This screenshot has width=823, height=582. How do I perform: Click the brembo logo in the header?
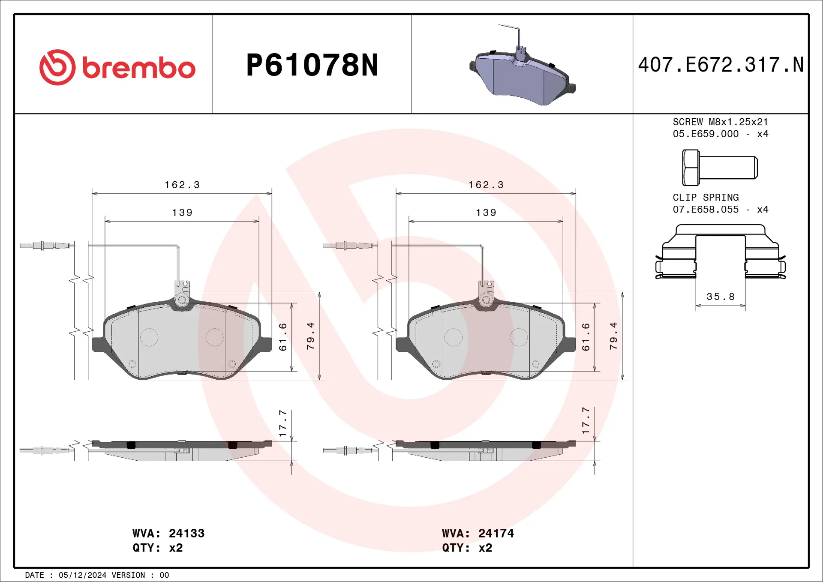[117, 67]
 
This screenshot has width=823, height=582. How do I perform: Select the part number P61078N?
[312, 65]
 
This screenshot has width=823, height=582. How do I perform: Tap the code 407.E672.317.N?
[721, 65]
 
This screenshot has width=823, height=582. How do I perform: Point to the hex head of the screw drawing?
[690, 168]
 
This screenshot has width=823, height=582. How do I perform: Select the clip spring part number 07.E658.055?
[706, 210]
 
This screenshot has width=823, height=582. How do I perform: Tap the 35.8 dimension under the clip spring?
[720, 297]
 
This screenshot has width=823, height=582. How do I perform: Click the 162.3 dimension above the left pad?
[182, 185]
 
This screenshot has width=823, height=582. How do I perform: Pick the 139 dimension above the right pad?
[486, 213]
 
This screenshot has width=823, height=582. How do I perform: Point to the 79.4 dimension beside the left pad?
[311, 336]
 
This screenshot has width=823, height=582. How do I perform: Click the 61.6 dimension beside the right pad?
[586, 337]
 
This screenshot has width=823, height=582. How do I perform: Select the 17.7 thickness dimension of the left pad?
[283, 423]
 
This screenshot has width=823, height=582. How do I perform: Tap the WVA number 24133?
[186, 533]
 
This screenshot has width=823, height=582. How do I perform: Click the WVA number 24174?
[496, 533]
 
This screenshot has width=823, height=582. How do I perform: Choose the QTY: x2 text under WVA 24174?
[467, 548]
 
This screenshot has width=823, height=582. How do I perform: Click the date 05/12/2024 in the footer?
[82, 575]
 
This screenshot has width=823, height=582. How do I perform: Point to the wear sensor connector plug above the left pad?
[45, 246]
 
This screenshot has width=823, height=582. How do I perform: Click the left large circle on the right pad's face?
[453, 337]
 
